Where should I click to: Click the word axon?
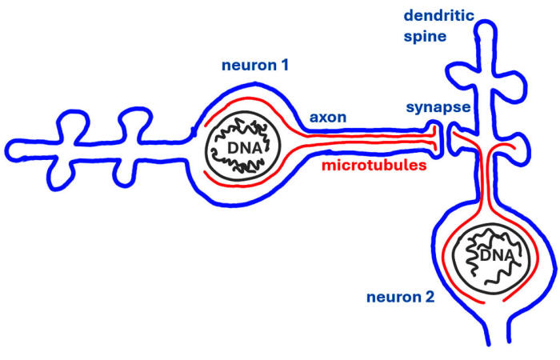328,118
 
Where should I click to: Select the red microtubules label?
373,166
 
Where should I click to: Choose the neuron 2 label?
400,298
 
